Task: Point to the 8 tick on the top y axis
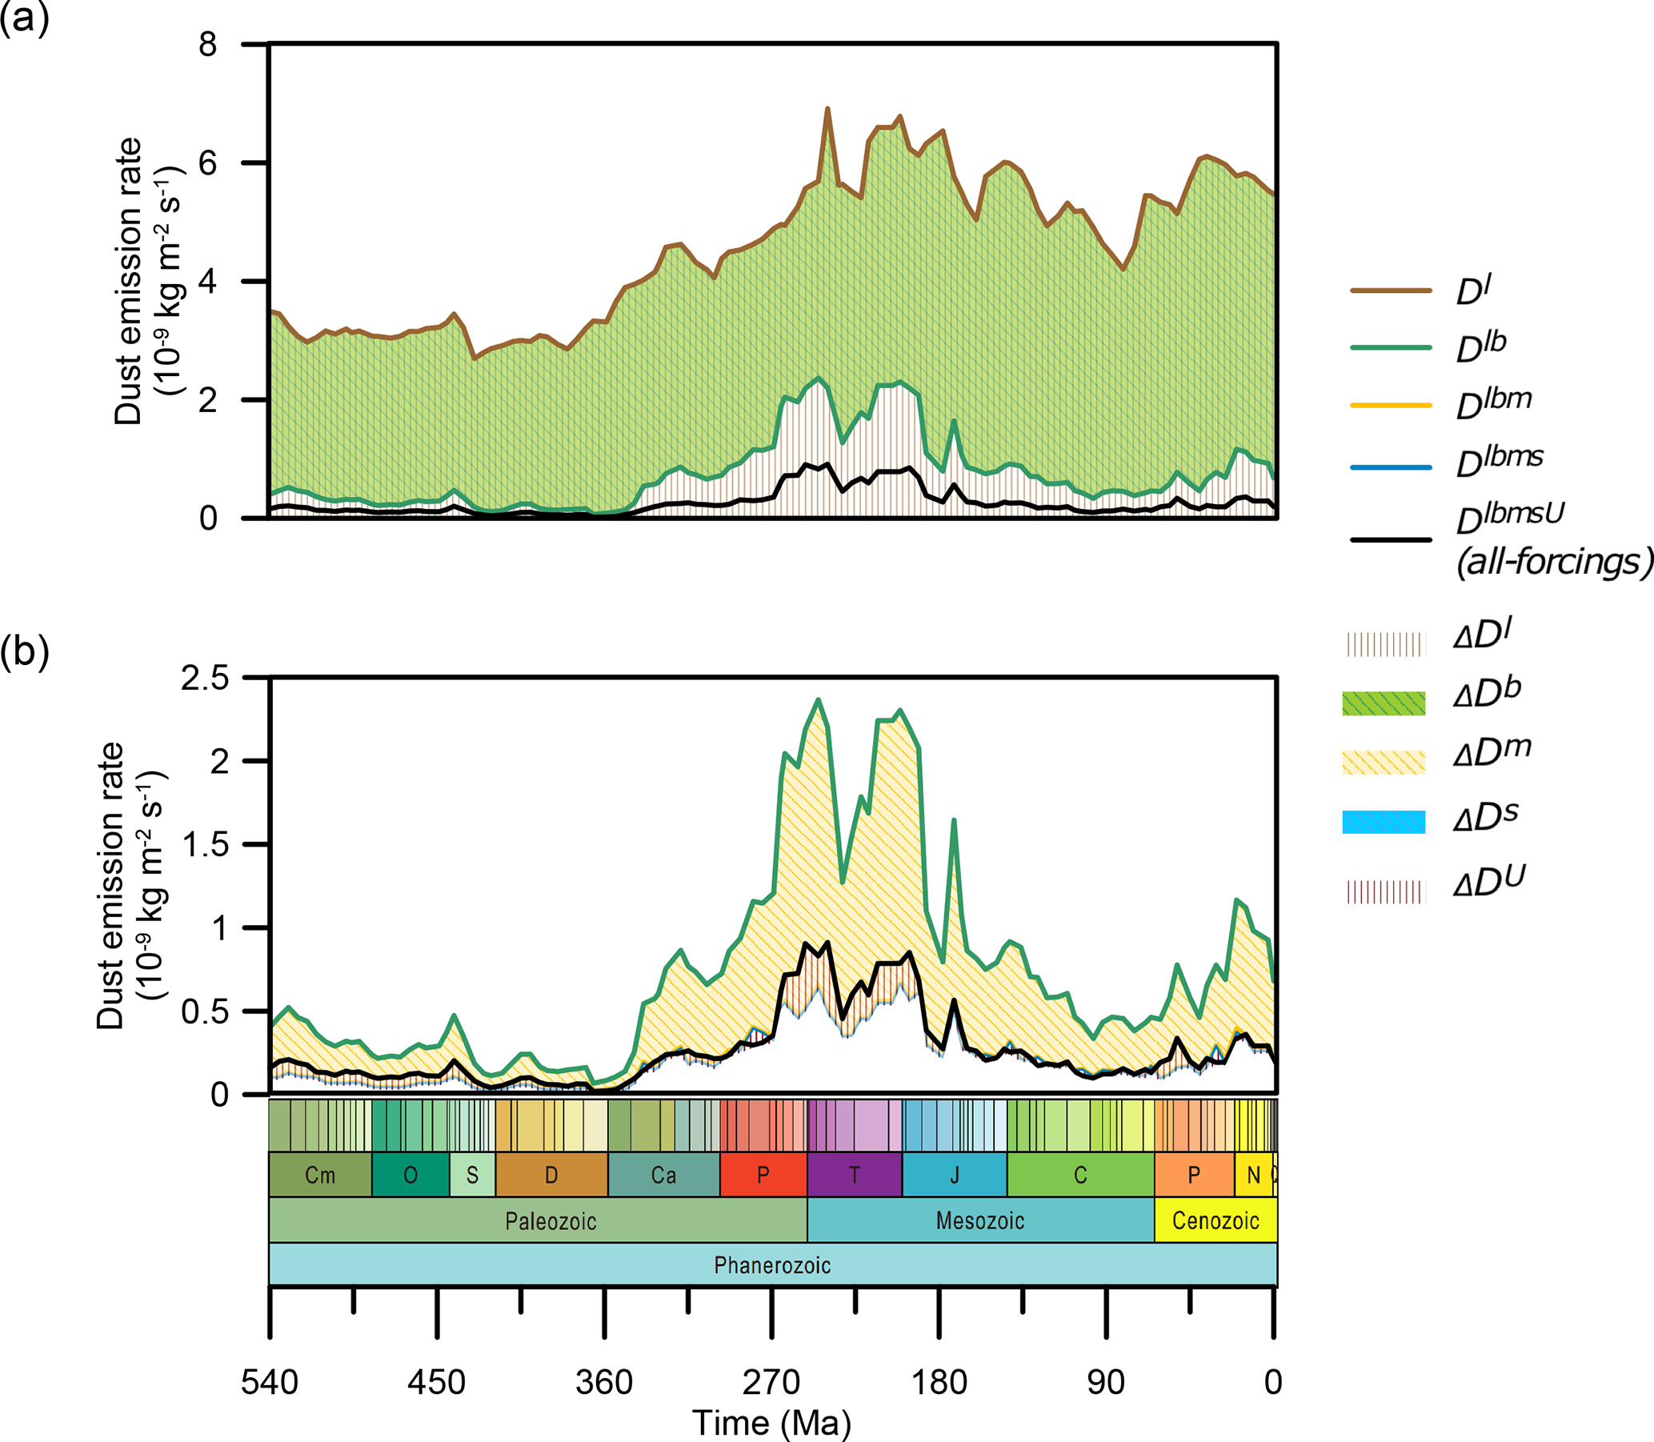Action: click(x=207, y=43)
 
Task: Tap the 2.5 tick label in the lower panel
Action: click(x=204, y=679)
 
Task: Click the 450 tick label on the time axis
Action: click(x=436, y=1383)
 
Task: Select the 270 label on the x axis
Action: click(x=771, y=1383)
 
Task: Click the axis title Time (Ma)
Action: click(x=771, y=1423)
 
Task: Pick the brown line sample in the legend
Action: click(x=1391, y=290)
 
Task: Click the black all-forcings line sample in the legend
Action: click(x=1391, y=539)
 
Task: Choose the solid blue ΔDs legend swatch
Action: click(x=1384, y=822)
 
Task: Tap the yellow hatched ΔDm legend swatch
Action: click(x=1384, y=761)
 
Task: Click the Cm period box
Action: click(x=320, y=1175)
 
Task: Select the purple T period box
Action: click(x=855, y=1175)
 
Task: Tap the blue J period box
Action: click(x=954, y=1175)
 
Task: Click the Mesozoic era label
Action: click(x=980, y=1220)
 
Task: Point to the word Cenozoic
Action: click(x=1215, y=1220)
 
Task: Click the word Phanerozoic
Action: click(x=772, y=1265)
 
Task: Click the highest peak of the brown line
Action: click(x=827, y=109)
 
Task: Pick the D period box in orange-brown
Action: click(x=551, y=1175)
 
